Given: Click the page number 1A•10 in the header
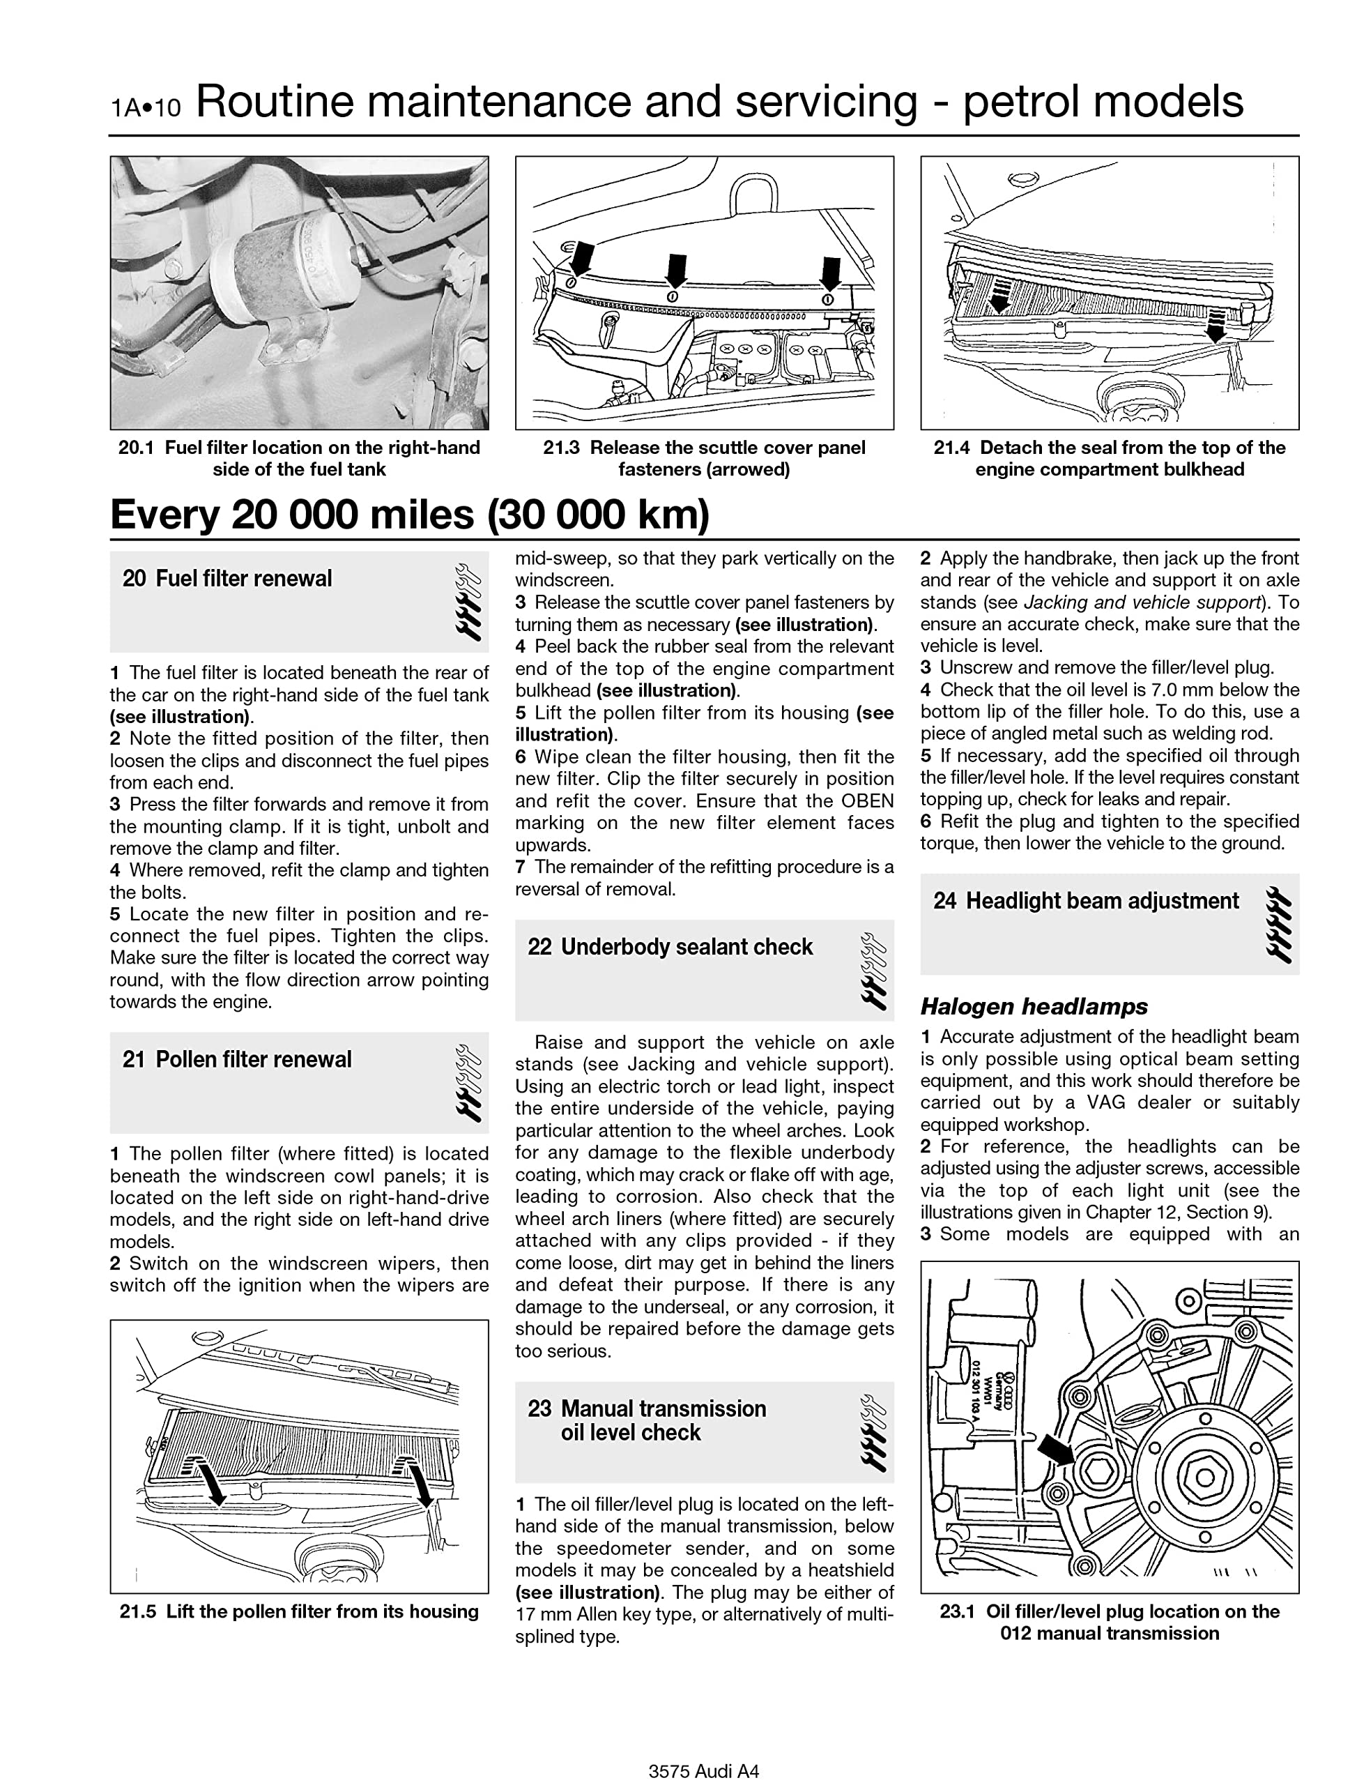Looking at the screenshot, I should (146, 107).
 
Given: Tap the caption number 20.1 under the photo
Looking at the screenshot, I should (136, 448).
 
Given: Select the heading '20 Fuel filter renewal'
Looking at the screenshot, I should (227, 579).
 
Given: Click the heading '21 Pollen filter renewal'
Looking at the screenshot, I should (237, 1059).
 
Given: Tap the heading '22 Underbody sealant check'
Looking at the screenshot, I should (670, 947).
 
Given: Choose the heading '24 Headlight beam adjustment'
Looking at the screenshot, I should (1086, 901).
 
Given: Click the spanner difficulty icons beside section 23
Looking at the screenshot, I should (874, 1434).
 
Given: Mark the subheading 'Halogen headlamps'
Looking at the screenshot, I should (1034, 1007).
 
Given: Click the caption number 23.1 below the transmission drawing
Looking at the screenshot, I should (957, 1611).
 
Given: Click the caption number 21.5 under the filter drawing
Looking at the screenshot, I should (137, 1611).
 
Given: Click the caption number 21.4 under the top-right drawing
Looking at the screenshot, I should (951, 448).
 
